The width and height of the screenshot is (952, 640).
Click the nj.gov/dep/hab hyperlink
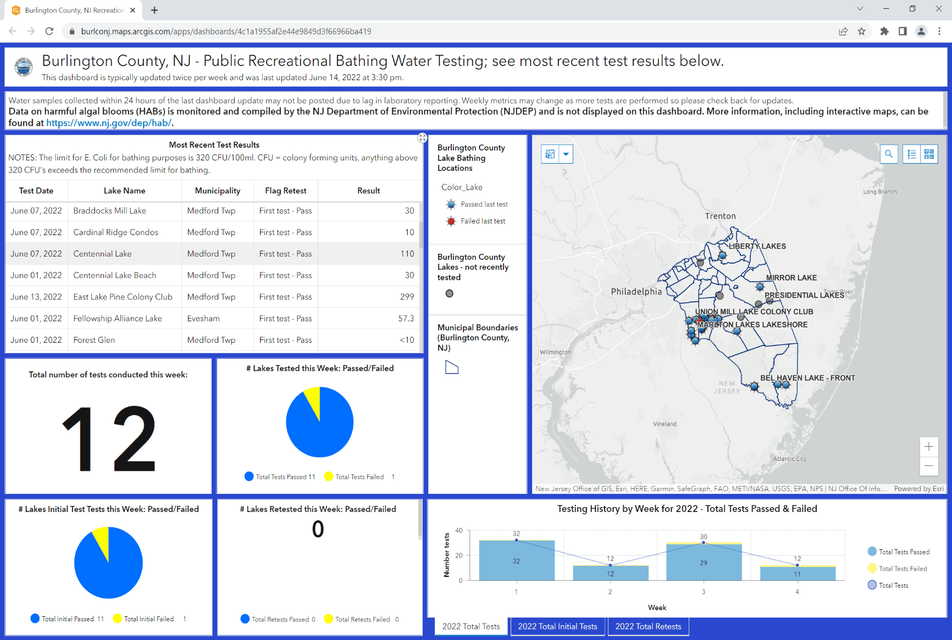(x=109, y=123)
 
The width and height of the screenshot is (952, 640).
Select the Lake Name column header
(x=125, y=191)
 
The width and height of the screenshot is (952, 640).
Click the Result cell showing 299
(x=407, y=297)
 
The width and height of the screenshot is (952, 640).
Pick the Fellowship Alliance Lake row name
(x=118, y=319)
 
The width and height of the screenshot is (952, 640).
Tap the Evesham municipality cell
(x=203, y=319)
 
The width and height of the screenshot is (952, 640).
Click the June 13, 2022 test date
(x=36, y=297)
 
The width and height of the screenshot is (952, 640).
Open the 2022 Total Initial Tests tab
(x=557, y=626)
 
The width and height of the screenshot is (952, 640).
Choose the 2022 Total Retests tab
(x=648, y=626)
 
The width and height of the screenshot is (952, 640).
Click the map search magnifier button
(x=889, y=154)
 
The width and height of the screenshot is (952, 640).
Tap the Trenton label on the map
(x=720, y=216)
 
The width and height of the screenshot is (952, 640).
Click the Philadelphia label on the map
(x=636, y=292)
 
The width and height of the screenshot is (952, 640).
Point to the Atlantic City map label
(x=789, y=459)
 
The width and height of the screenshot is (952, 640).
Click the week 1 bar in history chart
(x=517, y=561)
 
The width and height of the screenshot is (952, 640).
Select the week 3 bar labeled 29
(x=704, y=563)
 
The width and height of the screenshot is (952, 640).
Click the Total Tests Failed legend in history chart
(x=903, y=569)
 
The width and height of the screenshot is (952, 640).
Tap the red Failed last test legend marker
(x=451, y=221)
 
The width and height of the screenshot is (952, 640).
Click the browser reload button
(x=49, y=31)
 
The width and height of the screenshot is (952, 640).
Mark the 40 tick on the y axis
(x=459, y=531)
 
